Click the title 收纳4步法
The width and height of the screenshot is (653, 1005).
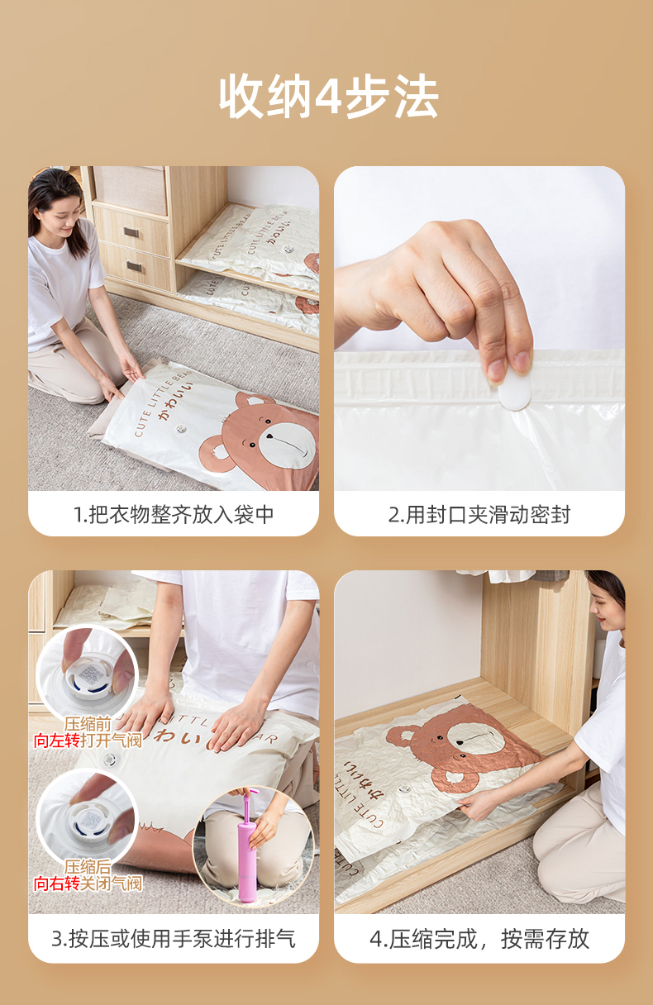328,97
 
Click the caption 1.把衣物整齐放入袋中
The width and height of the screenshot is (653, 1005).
174,514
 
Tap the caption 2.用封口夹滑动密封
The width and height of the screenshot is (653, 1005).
479,514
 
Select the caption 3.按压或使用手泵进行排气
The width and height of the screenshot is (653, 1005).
174,939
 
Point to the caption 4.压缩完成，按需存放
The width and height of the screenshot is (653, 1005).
479,939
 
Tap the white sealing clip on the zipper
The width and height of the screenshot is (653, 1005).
514,391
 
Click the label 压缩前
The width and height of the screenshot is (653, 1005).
88,724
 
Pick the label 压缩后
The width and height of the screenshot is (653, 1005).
88,867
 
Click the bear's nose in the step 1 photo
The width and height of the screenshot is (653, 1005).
269,436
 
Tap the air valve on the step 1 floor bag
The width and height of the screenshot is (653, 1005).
181,428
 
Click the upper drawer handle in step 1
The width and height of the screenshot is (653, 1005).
131,232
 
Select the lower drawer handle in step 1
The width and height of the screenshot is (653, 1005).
134,266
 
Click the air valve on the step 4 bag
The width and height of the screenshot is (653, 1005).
404,788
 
